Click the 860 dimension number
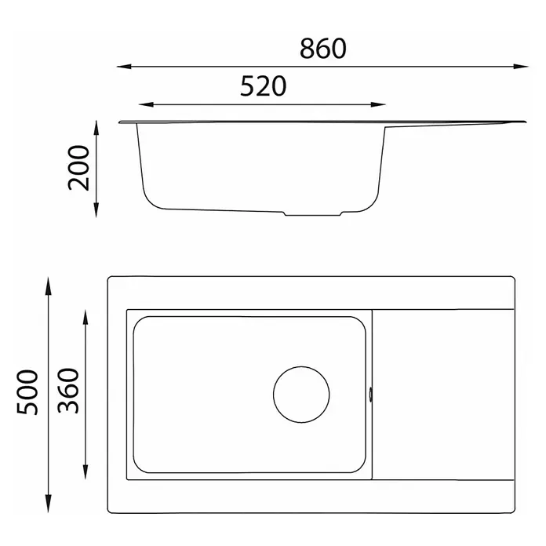coord(322,49)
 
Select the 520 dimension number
coord(264,86)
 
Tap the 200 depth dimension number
coord(78,168)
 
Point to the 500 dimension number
coord(27,392)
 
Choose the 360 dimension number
coord(68,391)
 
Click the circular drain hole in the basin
coord(301,395)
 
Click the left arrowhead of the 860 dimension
coord(124,66)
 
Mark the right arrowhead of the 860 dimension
coord(521,66)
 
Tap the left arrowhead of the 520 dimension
coord(146,104)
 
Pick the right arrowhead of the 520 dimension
coord(378,104)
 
